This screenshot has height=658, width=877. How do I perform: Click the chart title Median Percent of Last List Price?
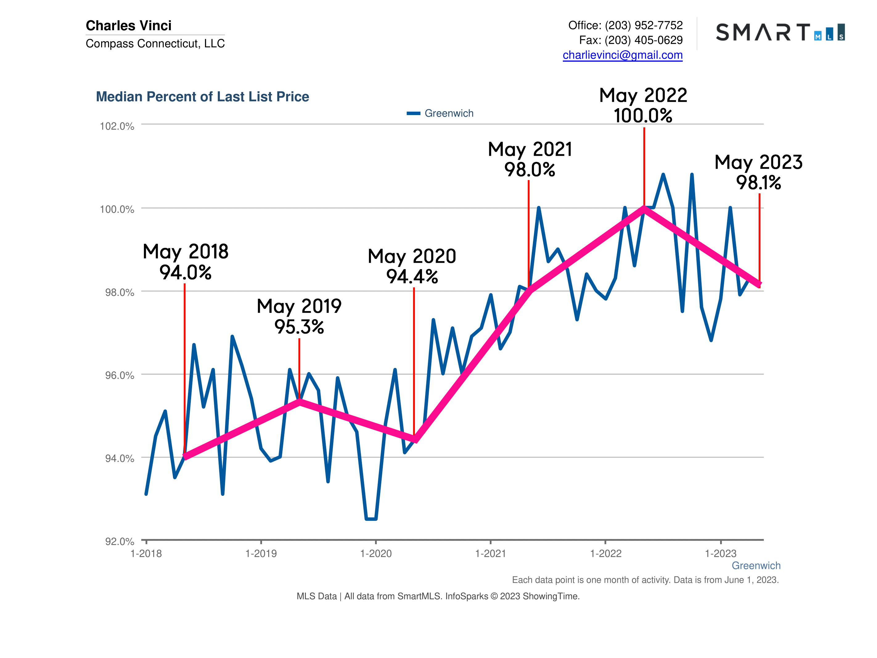click(x=202, y=97)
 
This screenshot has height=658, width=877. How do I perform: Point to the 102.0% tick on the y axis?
click(x=117, y=126)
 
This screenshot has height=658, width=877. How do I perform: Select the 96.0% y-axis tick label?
click(x=119, y=375)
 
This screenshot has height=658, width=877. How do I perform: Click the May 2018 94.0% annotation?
click(x=186, y=262)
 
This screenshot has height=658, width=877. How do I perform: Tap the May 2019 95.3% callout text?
click(x=299, y=316)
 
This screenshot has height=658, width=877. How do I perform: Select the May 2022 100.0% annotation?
click(x=643, y=105)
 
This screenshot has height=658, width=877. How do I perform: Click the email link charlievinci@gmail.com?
click(x=622, y=55)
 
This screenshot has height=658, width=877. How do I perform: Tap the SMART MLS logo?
click(x=780, y=32)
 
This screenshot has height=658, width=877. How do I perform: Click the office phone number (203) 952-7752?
click(x=643, y=25)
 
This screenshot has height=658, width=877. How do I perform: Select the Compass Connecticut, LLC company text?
click(x=155, y=43)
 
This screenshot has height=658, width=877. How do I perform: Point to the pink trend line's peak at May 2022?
click(x=644, y=209)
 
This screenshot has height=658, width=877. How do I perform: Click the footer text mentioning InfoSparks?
click(x=438, y=596)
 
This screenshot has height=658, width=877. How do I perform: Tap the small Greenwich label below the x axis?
click(x=756, y=565)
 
